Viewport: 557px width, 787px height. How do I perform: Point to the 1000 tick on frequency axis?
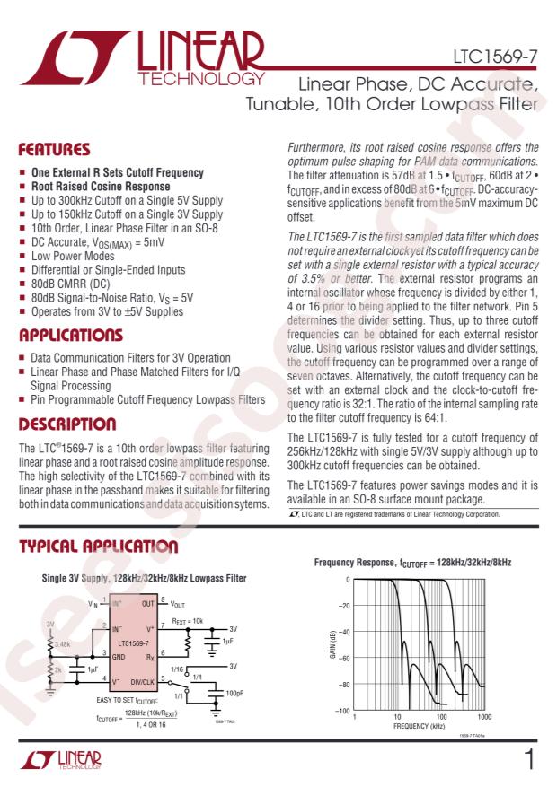[484, 718]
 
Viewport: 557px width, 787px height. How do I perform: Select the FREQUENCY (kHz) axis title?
[420, 727]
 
